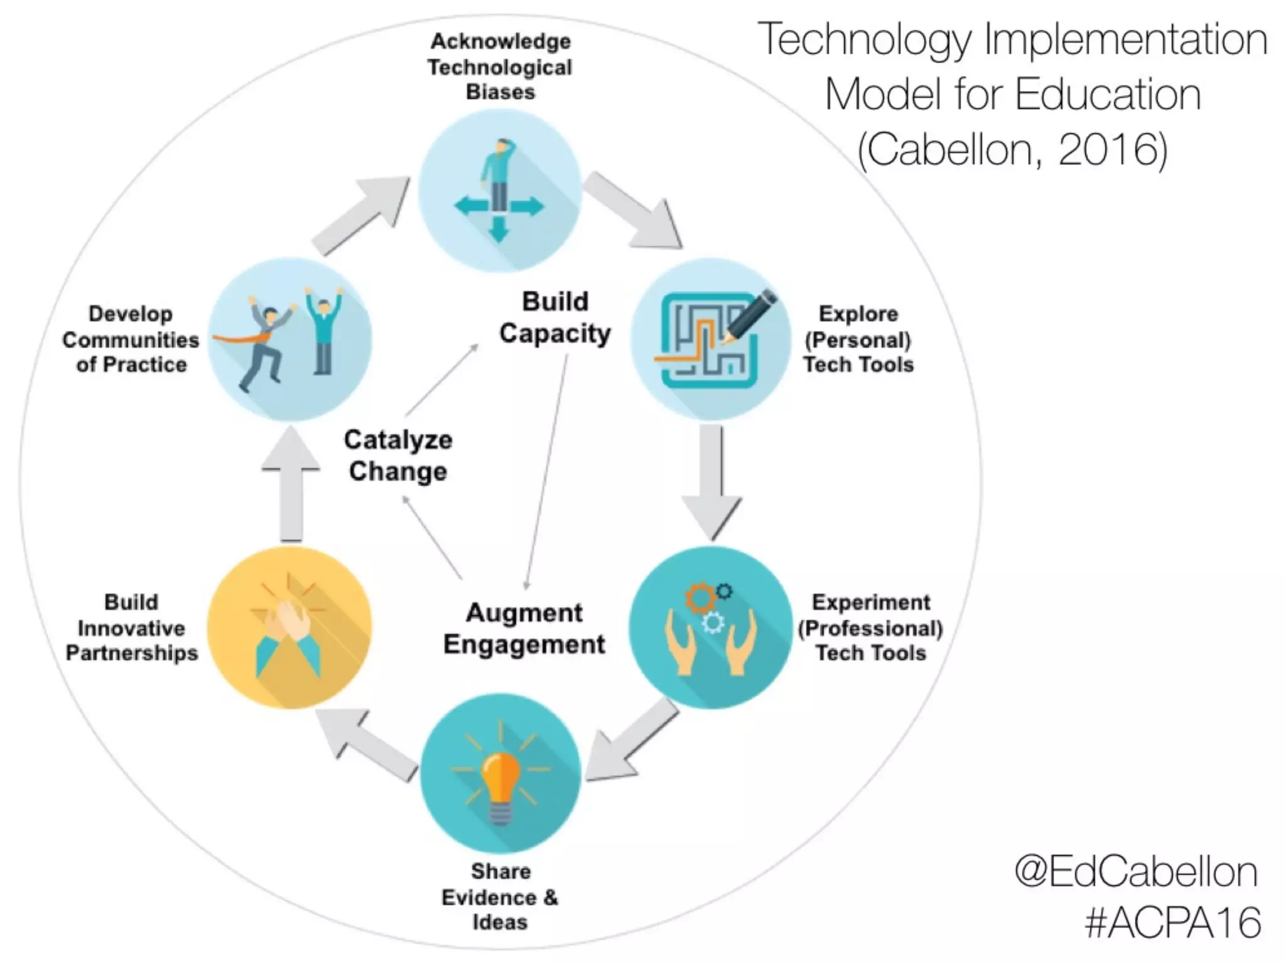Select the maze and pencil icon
(x=712, y=340)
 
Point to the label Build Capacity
(x=555, y=318)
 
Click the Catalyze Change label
(x=398, y=456)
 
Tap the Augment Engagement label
(x=524, y=629)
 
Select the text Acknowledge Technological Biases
(x=500, y=67)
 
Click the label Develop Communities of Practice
(x=131, y=340)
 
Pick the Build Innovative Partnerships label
(x=131, y=628)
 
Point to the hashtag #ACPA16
(x=1172, y=922)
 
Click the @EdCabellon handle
(x=1136, y=872)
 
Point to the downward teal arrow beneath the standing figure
(x=499, y=229)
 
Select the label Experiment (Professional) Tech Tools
(x=871, y=628)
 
